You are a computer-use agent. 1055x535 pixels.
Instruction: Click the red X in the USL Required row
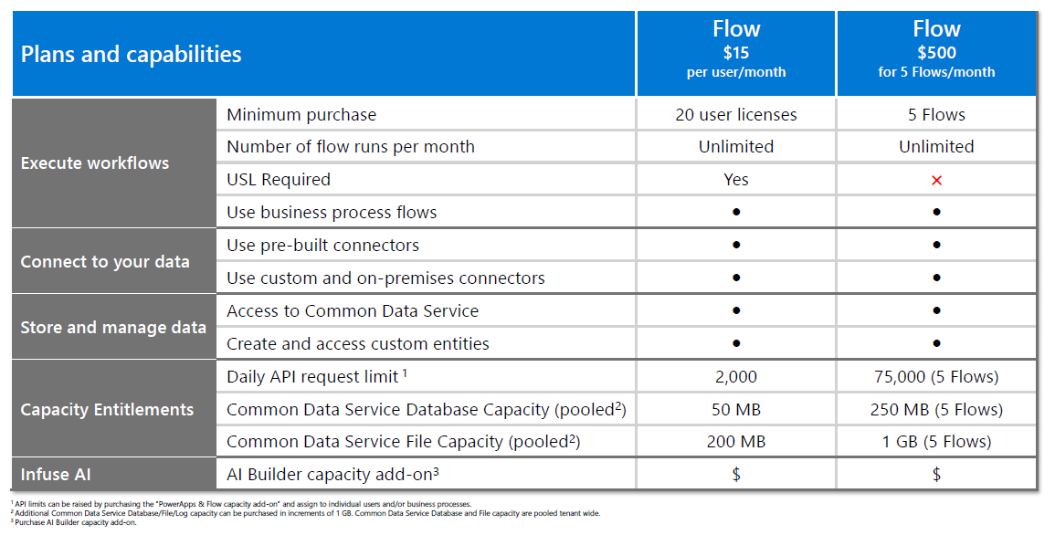(x=936, y=180)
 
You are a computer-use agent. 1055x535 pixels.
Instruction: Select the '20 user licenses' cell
(x=736, y=115)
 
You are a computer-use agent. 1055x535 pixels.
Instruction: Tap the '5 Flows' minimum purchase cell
(x=936, y=115)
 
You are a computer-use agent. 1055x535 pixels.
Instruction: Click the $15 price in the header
(x=736, y=52)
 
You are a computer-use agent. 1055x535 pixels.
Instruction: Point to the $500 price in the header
(x=936, y=52)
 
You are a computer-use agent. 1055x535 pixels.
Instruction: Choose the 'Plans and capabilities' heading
(x=132, y=55)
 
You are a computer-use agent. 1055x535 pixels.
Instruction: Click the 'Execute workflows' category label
(x=95, y=163)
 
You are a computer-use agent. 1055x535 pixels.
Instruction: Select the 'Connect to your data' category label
(x=105, y=262)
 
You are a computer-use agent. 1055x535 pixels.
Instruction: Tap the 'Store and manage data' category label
(x=113, y=328)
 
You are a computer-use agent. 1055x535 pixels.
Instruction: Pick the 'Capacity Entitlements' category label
(x=107, y=410)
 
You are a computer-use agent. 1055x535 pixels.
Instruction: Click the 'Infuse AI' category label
(x=56, y=475)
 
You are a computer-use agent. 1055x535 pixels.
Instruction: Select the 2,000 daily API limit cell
(x=736, y=377)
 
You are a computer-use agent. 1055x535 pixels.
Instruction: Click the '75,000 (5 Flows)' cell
(x=936, y=377)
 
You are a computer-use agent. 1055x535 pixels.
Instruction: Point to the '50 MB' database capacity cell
(x=736, y=409)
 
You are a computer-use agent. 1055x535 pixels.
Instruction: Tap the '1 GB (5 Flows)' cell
(x=936, y=442)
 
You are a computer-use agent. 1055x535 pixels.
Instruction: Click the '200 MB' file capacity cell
(x=736, y=442)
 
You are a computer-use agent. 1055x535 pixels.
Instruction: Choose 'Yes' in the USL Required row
(x=736, y=180)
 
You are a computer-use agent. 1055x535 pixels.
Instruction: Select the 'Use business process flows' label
(x=332, y=213)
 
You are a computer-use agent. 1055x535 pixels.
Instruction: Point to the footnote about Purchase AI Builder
(x=74, y=522)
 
